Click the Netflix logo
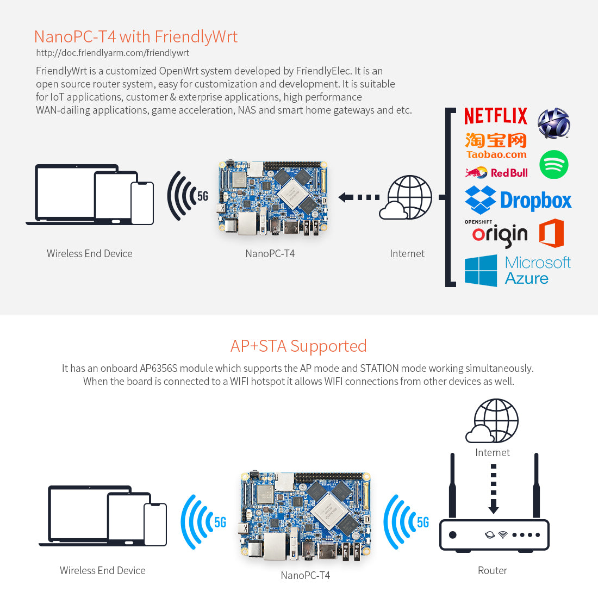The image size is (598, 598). (496, 116)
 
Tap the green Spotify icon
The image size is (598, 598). (553, 165)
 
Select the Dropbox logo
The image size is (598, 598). (518, 200)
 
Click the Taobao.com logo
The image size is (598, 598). (496, 146)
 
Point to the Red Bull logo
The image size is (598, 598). (496, 173)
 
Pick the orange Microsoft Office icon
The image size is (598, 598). (551, 233)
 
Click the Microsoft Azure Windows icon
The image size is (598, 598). (481, 271)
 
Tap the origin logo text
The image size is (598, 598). (500, 235)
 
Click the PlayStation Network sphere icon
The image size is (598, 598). (553, 123)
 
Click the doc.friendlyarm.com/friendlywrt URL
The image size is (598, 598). (113, 53)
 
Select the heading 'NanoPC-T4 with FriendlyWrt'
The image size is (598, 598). (136, 36)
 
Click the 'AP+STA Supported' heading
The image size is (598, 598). (298, 346)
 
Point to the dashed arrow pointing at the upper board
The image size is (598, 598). (359, 197)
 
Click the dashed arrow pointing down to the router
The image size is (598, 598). (494, 489)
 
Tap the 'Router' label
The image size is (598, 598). (493, 570)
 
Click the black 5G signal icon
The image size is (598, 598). (188, 196)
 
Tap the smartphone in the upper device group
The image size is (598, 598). (142, 203)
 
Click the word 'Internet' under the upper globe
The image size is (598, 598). (407, 253)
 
